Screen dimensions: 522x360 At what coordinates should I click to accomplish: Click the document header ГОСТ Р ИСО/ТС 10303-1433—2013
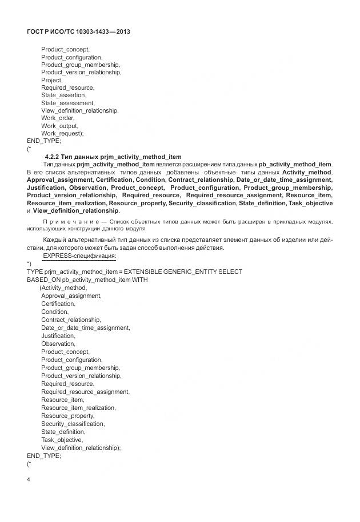click(78, 31)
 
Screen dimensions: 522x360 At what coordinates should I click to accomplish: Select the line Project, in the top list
click(51, 80)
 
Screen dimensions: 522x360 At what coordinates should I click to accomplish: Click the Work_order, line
click(58, 118)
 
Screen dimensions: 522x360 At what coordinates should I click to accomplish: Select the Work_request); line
click(62, 133)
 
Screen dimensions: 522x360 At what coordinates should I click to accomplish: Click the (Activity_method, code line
click(63, 288)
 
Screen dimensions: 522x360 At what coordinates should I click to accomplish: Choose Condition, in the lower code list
click(55, 312)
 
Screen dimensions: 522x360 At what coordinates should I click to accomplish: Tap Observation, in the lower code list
click(58, 344)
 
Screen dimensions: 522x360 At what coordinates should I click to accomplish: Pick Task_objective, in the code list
click(62, 440)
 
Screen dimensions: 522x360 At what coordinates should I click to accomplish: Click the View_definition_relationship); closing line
click(81, 448)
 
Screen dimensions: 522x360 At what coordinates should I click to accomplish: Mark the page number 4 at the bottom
click(29, 479)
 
